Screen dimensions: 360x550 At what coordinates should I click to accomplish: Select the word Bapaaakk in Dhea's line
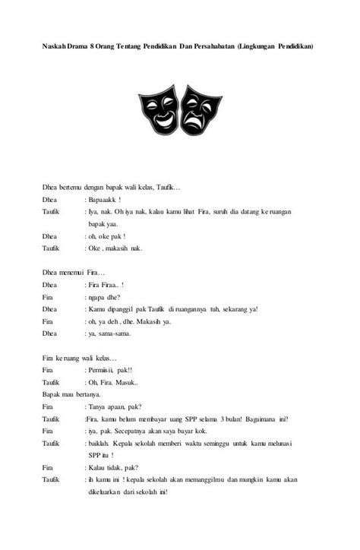tap(105, 199)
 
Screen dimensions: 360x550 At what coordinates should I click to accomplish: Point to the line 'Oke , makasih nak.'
tap(115, 248)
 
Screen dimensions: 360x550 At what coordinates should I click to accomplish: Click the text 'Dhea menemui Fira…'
tap(73, 272)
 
